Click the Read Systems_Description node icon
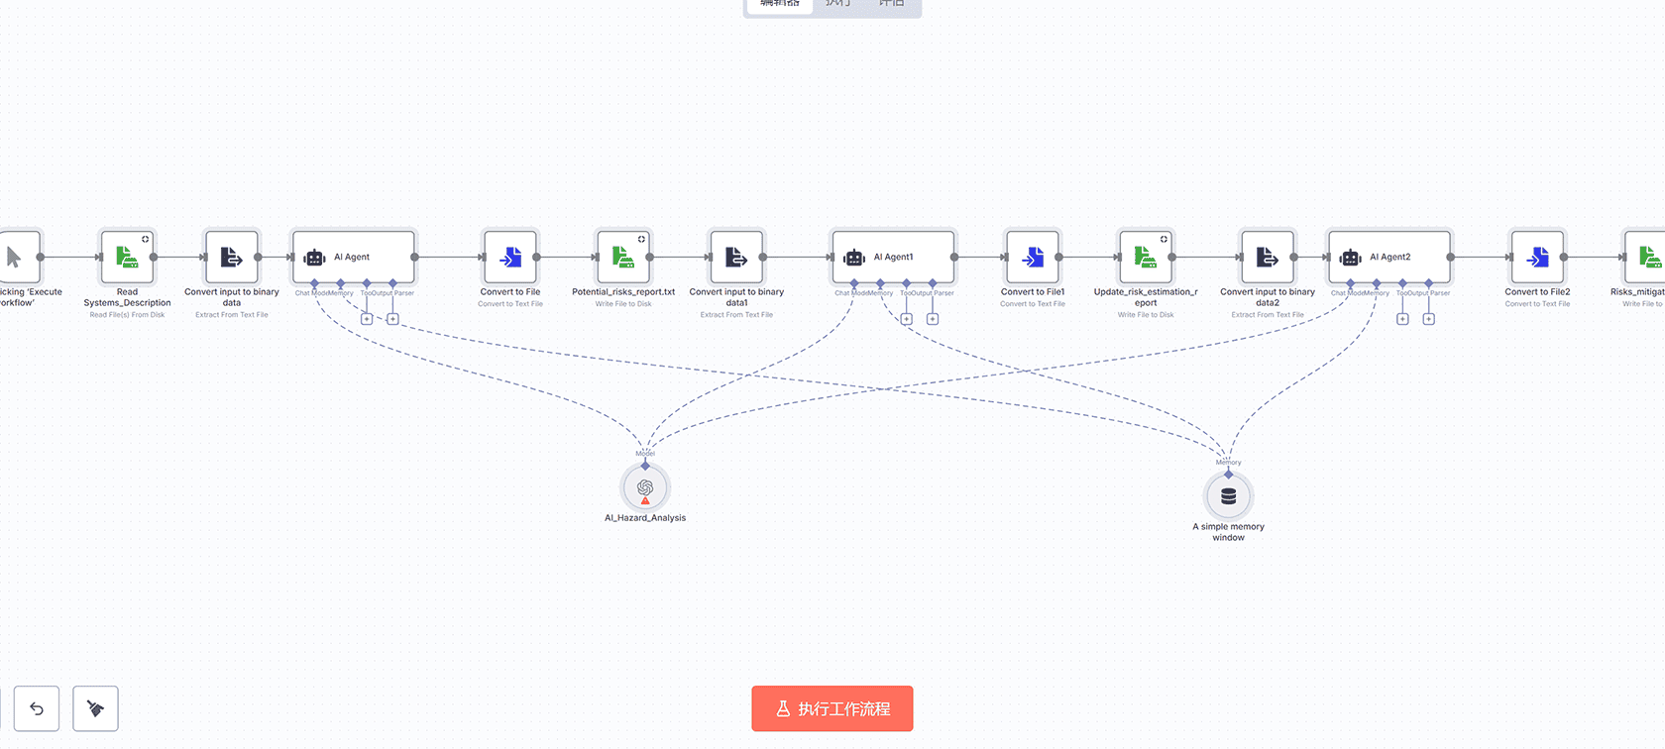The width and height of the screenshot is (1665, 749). [127, 258]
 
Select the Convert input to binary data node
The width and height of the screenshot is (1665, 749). [232, 258]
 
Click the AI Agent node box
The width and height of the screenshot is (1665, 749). [354, 258]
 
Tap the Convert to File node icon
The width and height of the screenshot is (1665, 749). [510, 258]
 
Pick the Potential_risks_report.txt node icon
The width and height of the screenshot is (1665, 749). [623, 258]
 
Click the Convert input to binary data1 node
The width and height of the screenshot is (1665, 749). [736, 258]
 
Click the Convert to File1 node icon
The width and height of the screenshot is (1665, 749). [1033, 258]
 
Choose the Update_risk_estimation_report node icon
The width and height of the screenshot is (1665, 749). [1146, 258]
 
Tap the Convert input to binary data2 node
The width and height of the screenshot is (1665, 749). [1268, 258]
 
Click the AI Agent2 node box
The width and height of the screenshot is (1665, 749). [1389, 258]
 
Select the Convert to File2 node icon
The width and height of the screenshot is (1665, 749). [1537, 258]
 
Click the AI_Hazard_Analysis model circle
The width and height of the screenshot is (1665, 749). [645, 488]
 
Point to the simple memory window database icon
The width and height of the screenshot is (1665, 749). [1229, 496]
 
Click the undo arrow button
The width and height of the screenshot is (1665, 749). [37, 708]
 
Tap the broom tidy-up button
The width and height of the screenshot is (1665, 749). [95, 708]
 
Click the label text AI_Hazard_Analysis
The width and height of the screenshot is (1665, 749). [645, 518]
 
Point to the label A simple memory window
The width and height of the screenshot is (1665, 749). [1229, 532]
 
